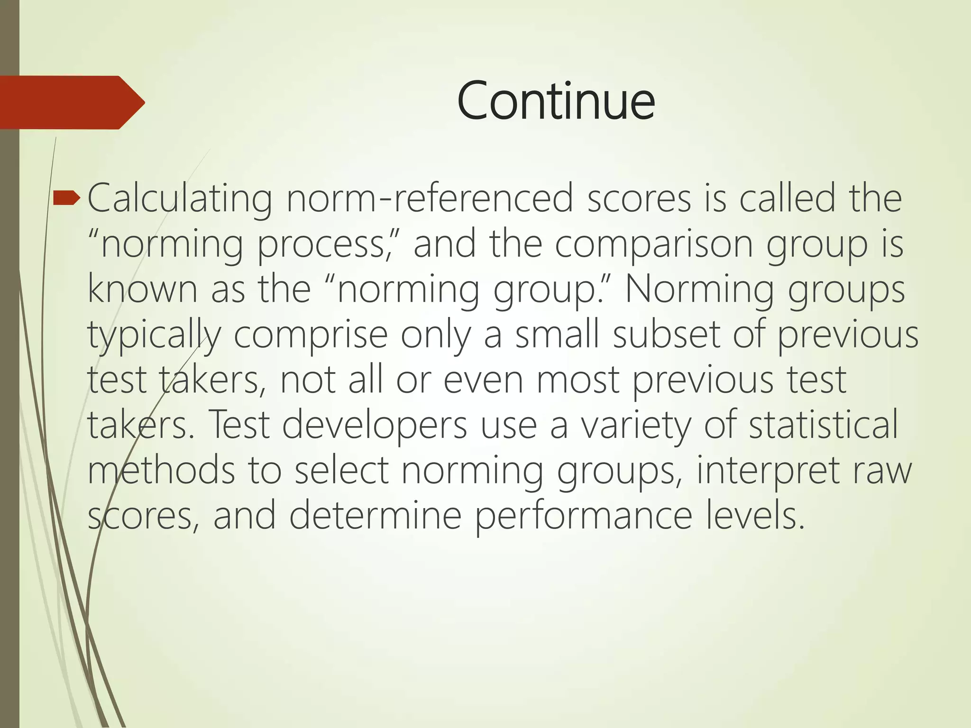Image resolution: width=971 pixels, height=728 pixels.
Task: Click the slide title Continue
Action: (x=556, y=101)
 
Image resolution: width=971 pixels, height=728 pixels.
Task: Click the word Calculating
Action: (x=180, y=200)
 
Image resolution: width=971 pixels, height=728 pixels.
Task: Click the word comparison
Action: (x=654, y=244)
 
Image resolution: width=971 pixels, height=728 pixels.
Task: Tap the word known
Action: (x=142, y=289)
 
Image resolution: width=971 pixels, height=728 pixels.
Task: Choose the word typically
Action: (x=154, y=335)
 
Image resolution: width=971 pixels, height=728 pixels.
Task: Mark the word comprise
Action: (x=311, y=335)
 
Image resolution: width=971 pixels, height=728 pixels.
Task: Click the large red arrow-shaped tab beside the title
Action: (x=71, y=102)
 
